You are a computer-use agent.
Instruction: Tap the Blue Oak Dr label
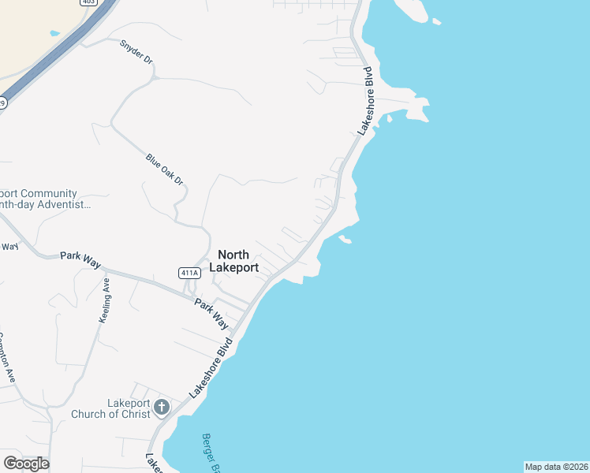point(164,169)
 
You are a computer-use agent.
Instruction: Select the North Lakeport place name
point(233,261)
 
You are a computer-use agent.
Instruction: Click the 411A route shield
point(189,273)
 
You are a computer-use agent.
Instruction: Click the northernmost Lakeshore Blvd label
point(365,101)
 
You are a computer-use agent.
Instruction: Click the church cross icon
point(161,408)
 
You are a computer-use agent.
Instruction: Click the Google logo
point(26,463)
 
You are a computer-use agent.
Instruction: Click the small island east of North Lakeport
point(344,238)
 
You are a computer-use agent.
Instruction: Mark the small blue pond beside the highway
point(54,34)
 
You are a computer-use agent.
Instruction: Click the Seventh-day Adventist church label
point(43,199)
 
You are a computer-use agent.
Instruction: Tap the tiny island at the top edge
point(437,21)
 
